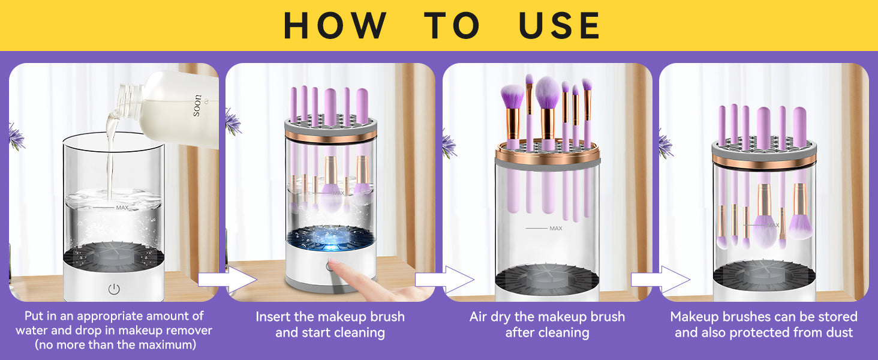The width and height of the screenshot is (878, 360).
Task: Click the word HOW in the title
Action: click(x=335, y=25)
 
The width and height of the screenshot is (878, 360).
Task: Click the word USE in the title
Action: click(x=560, y=25)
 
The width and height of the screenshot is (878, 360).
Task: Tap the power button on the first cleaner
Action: click(x=114, y=289)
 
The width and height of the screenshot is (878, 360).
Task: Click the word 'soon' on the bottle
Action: click(x=197, y=106)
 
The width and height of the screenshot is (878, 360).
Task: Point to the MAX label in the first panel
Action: click(x=122, y=208)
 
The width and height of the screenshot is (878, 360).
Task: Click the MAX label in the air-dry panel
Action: click(x=556, y=228)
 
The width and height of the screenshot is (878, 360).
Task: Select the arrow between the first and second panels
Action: click(x=227, y=280)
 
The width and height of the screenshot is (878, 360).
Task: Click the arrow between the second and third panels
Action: click(x=444, y=280)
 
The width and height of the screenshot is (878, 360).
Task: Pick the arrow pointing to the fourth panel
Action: click(x=660, y=280)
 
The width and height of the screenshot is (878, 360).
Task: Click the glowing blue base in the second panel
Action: click(x=331, y=238)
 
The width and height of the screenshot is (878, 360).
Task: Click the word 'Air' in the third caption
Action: click(x=478, y=316)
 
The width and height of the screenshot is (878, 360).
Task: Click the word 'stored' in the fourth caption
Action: click(x=838, y=316)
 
